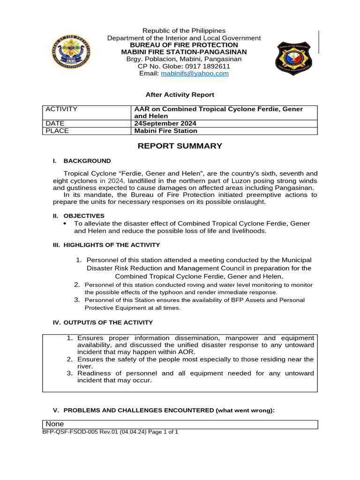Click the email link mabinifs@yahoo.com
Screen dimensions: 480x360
(x=195, y=74)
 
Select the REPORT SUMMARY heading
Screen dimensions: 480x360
(x=180, y=146)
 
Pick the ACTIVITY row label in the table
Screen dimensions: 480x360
(x=61, y=109)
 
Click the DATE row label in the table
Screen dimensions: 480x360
(x=55, y=123)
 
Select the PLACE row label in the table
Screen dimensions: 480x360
(x=57, y=131)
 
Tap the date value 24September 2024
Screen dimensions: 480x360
(x=165, y=123)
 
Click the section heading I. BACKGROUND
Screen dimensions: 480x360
(x=82, y=161)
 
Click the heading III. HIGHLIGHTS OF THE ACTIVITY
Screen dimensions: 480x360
(x=106, y=245)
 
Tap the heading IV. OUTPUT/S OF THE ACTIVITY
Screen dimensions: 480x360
(x=102, y=322)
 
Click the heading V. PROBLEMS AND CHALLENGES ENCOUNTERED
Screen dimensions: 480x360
(x=163, y=410)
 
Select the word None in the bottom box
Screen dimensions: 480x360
(x=55, y=424)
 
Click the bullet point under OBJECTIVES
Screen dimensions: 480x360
(x=65, y=224)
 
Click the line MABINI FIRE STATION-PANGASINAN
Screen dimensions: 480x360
(x=184, y=52)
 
